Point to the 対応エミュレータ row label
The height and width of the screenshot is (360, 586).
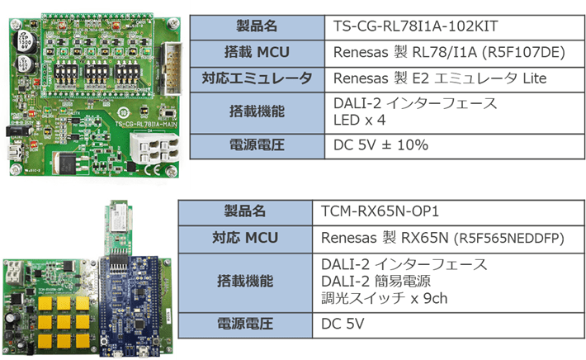tap(258, 79)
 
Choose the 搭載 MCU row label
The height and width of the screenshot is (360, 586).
tap(258, 53)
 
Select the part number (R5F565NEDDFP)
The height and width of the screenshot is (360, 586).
tap(503, 239)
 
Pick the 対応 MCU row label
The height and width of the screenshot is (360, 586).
tap(244, 239)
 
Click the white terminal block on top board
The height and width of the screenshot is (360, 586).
tap(154, 149)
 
